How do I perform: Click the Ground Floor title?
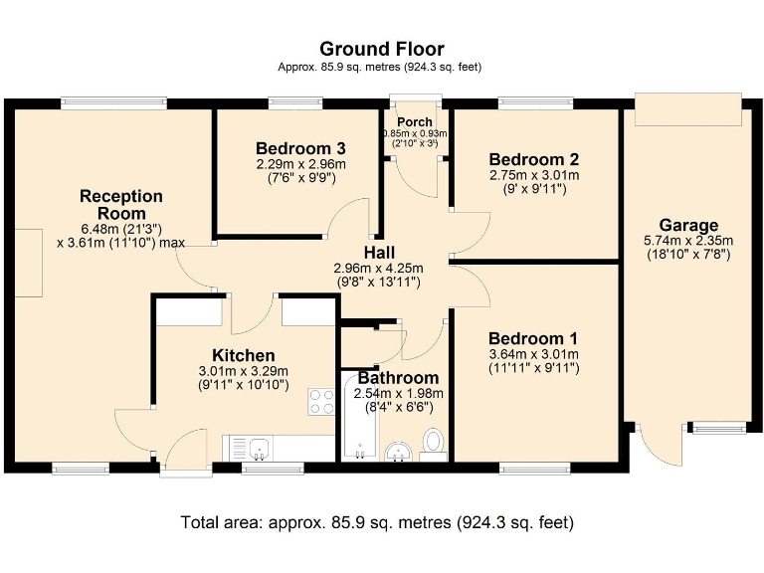[381, 49]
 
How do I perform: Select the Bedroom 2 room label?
[534, 159]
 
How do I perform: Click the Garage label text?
[687, 225]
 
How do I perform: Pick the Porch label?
[415, 122]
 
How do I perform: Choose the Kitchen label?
[243, 355]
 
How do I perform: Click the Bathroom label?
[398, 378]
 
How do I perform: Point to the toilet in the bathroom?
[434, 443]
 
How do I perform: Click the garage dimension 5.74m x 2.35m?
[687, 241]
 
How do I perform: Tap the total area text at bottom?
[377, 521]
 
